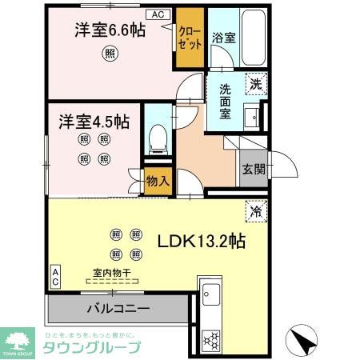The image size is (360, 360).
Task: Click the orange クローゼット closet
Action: tap(190, 38)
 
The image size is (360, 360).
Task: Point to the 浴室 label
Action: tap(222, 37)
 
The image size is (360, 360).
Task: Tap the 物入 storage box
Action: tap(158, 180)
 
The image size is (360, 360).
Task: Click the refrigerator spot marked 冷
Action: tap(257, 212)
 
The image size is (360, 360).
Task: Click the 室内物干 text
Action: tap(113, 273)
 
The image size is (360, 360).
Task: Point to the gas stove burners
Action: tap(214, 339)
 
